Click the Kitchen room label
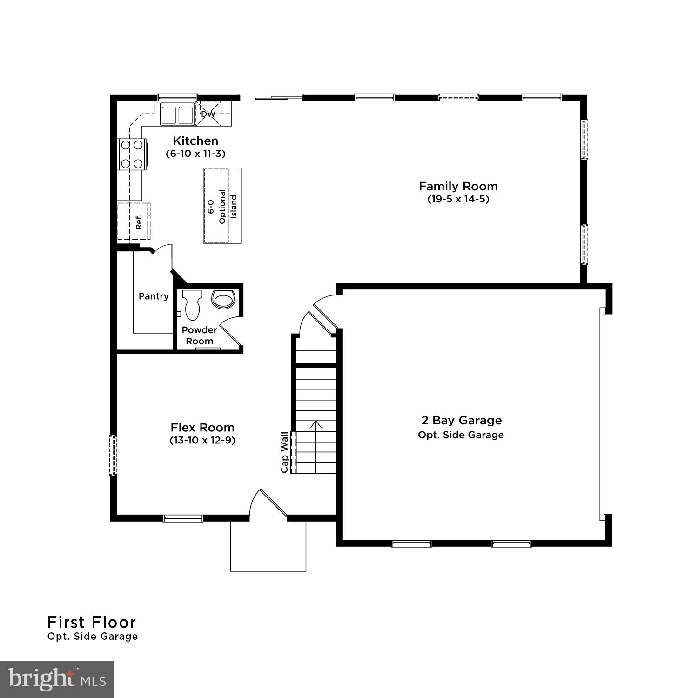195,141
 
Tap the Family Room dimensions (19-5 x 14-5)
458,199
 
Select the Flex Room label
202,428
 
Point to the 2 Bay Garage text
461,421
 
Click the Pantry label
154,296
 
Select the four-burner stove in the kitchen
132,154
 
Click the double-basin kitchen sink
177,114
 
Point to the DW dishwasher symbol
208,114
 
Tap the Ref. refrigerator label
138,222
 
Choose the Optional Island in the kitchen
222,206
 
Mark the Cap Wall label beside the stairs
284,452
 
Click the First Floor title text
92,622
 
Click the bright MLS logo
57,679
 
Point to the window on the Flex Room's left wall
113,455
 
